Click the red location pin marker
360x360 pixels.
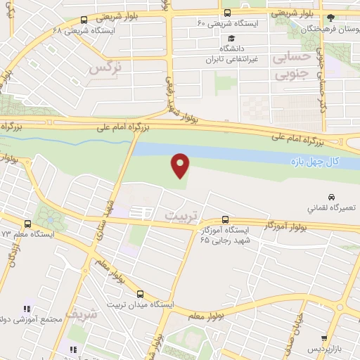pos(181,165)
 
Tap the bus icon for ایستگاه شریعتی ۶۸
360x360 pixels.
pos(84,20)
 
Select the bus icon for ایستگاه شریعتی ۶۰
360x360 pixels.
pos(227,13)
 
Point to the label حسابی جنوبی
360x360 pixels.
pos(290,65)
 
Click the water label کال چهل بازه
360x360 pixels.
pos(314,162)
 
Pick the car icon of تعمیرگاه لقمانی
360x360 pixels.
pos(330,197)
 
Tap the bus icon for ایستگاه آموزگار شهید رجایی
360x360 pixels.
pos(225,219)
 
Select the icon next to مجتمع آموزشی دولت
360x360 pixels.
pos(27,308)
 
